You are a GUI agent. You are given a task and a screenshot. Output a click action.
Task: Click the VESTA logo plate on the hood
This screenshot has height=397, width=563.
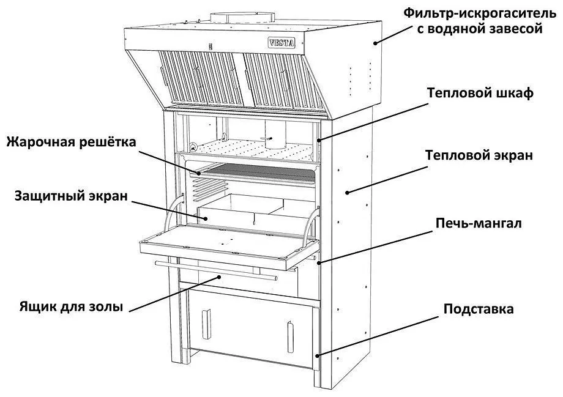click(x=282, y=43)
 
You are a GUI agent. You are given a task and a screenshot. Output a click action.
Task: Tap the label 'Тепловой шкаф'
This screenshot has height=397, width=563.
click(x=480, y=93)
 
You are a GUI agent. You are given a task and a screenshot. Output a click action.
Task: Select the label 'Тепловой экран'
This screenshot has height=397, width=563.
click(x=479, y=155)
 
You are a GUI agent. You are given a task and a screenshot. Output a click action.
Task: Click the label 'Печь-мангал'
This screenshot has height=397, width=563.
click(x=479, y=223)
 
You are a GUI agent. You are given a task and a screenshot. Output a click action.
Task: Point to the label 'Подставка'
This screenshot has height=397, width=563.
click(x=479, y=309)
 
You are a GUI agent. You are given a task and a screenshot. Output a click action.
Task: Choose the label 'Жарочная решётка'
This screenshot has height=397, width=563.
click(x=72, y=142)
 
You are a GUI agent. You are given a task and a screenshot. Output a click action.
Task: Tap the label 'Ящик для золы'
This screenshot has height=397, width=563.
click(x=71, y=307)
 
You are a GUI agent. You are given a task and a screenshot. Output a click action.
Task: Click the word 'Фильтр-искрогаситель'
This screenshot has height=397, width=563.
click(x=480, y=13)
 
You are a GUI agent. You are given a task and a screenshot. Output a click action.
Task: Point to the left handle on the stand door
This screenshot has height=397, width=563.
click(x=206, y=324)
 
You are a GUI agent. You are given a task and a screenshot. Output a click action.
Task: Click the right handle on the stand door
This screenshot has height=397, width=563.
click(x=291, y=336)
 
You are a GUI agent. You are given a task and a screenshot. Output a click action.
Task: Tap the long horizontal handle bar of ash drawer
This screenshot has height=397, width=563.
click(x=216, y=270)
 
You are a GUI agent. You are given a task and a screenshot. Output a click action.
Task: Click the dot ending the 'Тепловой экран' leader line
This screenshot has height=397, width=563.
click(x=347, y=193)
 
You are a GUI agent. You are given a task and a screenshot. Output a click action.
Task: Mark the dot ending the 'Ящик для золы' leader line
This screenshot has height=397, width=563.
click(x=219, y=276)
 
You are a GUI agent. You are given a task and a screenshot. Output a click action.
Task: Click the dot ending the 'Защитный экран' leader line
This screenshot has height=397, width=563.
click(x=206, y=218)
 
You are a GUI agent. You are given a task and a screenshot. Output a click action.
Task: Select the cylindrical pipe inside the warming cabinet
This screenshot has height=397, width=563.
click(x=276, y=134)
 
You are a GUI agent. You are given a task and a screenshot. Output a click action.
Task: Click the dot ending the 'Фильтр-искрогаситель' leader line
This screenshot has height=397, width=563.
click(x=375, y=43)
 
